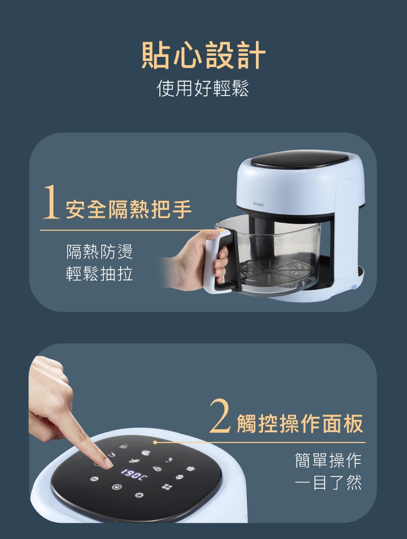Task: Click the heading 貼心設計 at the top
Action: (x=203, y=55)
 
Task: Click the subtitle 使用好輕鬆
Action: (x=203, y=88)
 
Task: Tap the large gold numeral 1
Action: (x=51, y=202)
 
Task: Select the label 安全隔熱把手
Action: (x=128, y=209)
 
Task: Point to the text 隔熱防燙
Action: (x=100, y=251)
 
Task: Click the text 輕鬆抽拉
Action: (x=100, y=274)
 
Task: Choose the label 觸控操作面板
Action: (x=300, y=423)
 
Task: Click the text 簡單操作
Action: (x=328, y=460)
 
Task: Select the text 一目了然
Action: (x=328, y=482)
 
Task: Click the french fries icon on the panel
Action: (x=124, y=446)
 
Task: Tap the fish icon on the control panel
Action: (x=168, y=460)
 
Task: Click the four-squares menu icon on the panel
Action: (x=166, y=486)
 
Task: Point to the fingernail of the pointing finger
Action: (x=108, y=463)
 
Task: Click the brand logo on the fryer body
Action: (x=258, y=204)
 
